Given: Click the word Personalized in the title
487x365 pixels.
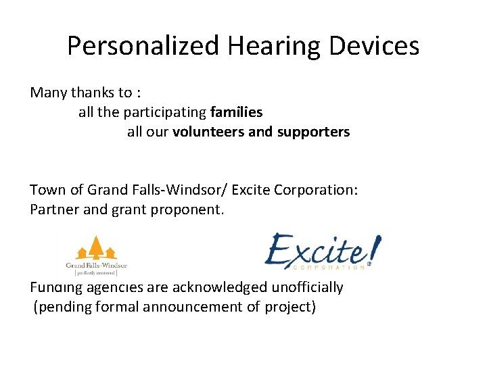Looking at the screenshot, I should pyautogui.click(x=144, y=46).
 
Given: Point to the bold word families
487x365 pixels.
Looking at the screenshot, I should pyautogui.click(x=236, y=112).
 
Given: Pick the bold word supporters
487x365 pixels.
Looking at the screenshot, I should pyautogui.click(x=313, y=132).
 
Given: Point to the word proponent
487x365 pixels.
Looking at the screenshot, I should pyautogui.click(x=191, y=210).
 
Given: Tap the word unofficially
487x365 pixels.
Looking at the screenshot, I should pyautogui.click(x=307, y=287).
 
